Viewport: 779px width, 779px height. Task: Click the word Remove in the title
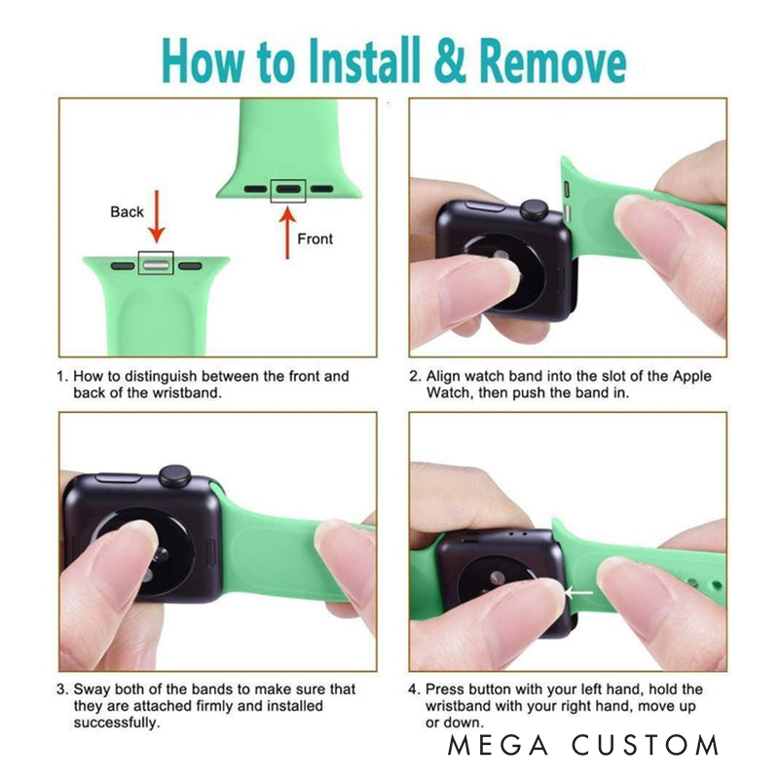pos(552,61)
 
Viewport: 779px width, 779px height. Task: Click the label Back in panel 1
pos(127,212)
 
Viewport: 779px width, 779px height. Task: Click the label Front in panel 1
pos(315,239)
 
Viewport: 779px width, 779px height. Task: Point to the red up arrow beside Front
pos(287,233)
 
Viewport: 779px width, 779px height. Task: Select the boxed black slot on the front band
pos(288,189)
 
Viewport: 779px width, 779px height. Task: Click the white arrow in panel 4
pos(578,593)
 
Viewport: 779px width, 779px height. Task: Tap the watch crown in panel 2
pos(534,209)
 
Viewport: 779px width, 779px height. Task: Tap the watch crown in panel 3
pos(175,476)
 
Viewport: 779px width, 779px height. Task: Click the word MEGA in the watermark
pos(498,745)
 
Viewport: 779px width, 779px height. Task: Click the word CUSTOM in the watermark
pos(646,745)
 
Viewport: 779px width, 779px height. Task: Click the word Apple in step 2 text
pos(691,377)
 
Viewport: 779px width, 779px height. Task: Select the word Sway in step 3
pos(90,689)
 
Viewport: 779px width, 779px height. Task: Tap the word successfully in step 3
pos(117,723)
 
